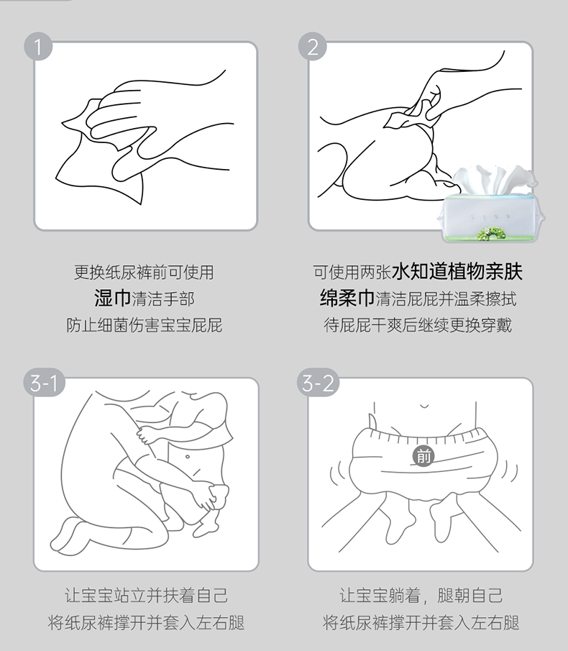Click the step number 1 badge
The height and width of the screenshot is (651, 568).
tap(38, 47)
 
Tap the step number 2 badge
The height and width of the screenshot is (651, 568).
tap(313, 47)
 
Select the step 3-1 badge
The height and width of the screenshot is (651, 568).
tap(44, 383)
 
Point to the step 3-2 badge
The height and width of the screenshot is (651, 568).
tap(319, 383)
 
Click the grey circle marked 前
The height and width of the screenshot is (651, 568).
tap(423, 457)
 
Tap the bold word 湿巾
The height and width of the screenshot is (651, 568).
tap(112, 299)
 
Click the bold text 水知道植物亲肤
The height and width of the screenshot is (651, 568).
tap(457, 271)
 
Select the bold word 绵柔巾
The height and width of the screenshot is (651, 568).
tap(347, 298)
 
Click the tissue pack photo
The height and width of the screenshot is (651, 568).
tap(490, 204)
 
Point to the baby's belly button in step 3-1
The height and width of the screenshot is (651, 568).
tap(188, 457)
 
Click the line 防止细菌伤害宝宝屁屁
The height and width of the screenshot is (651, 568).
tap(145, 325)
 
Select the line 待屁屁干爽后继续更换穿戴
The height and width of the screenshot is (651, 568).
tap(418, 325)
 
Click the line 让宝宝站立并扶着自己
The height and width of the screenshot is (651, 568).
tap(146, 596)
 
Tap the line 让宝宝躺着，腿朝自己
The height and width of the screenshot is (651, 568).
tap(421, 596)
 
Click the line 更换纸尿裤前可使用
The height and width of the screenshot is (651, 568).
tap(144, 273)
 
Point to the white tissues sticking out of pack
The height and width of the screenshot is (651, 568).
tap(494, 178)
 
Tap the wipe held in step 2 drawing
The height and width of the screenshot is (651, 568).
tap(410, 114)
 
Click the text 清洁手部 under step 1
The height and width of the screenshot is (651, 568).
tap(163, 299)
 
